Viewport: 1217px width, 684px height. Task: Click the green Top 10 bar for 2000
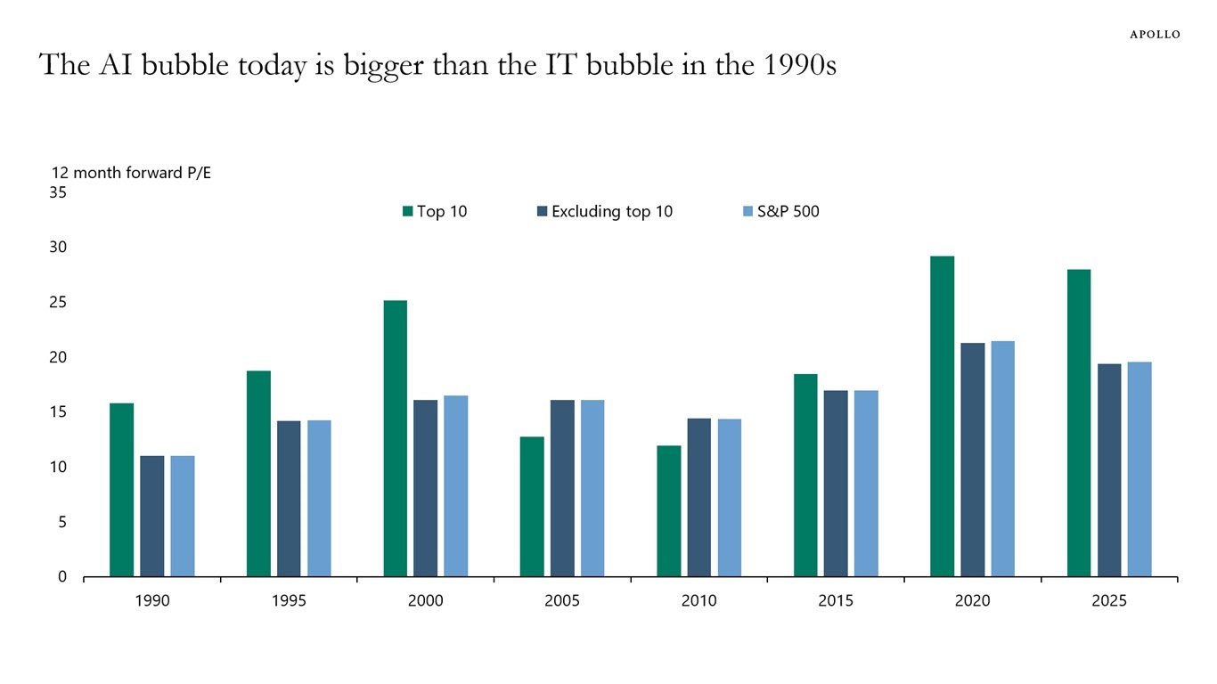click(x=396, y=438)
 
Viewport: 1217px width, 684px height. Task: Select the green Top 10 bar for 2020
click(x=942, y=416)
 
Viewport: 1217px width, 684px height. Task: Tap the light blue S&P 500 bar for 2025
click(x=1139, y=468)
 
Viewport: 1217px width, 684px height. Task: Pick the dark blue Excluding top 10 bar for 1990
click(x=152, y=516)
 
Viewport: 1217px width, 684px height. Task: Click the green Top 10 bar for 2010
click(x=669, y=510)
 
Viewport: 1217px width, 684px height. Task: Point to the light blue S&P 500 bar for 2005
click(x=592, y=488)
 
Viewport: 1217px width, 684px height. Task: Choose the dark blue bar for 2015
click(x=836, y=483)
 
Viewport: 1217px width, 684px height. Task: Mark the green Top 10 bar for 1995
click(x=258, y=473)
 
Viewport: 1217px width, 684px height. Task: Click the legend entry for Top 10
click(x=435, y=212)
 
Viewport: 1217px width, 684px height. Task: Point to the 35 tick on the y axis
click(x=57, y=192)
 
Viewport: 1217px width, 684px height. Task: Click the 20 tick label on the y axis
click(x=57, y=357)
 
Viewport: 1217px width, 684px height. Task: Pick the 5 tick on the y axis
click(x=61, y=522)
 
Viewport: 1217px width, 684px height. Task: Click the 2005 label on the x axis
click(x=562, y=601)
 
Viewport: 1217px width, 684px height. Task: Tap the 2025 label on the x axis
click(x=1109, y=601)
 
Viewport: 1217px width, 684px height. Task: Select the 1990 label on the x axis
click(x=152, y=601)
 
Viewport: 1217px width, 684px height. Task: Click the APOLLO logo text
click(x=1155, y=34)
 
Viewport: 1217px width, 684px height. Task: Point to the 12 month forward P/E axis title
click(x=131, y=173)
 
